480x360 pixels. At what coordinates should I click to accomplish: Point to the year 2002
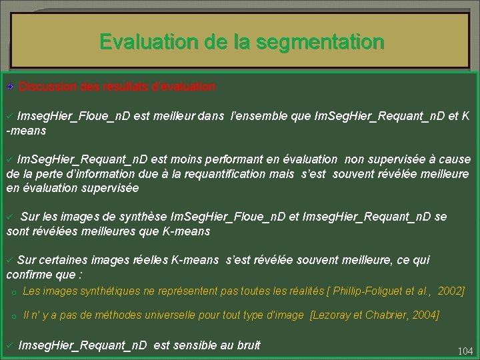coord(451,292)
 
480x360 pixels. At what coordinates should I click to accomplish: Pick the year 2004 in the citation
coord(425,315)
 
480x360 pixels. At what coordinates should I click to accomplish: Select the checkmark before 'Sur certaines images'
coord(10,260)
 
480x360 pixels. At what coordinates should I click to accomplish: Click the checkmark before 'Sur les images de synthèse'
coord(10,217)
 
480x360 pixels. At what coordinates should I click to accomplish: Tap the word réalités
coord(301,292)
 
